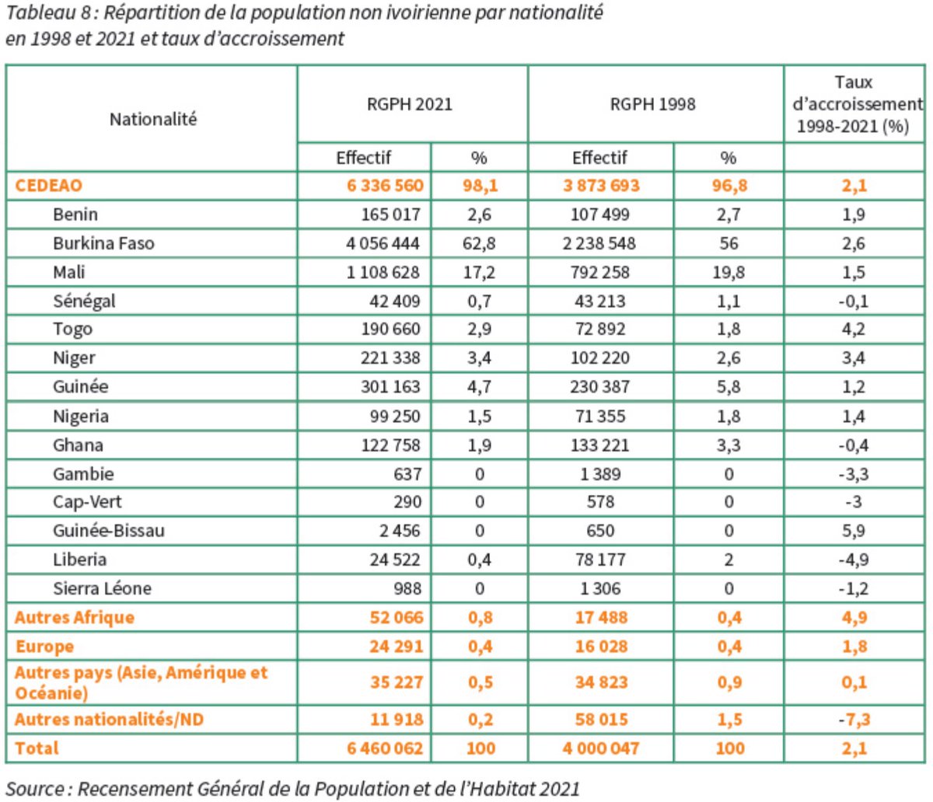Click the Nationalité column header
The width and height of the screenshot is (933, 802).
152,119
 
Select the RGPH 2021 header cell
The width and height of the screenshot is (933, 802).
409,104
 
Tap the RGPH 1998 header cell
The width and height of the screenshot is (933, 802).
652,104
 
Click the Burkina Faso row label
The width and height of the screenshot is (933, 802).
103,243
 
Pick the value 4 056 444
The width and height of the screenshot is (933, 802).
383,243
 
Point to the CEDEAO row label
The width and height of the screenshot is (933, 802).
48,186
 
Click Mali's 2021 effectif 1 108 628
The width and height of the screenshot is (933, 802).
383,272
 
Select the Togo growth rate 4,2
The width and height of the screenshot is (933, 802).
853,330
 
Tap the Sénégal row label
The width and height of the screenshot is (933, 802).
84,301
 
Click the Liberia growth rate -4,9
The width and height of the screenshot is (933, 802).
853,560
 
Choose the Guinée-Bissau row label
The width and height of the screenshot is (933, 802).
109,531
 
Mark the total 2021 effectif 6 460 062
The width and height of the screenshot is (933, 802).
385,748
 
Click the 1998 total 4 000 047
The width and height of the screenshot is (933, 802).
601,748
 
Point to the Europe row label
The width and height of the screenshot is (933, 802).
44,647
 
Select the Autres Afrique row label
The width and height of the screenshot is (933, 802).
75,618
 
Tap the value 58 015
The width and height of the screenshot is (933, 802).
601,720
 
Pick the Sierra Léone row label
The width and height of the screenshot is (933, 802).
102,588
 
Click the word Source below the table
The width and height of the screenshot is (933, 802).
35,789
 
